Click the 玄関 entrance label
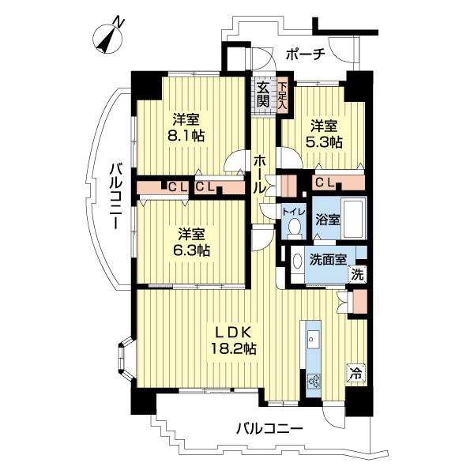pyautogui.click(x=262, y=92)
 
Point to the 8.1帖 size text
pyautogui.click(x=187, y=136)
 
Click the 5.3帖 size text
pyautogui.click(x=325, y=142)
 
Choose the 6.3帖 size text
pyautogui.click(x=192, y=250)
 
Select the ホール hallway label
pyautogui.click(x=259, y=174)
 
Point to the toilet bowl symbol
pyautogui.click(x=294, y=228)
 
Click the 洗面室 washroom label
pyautogui.click(x=325, y=258)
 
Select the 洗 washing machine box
pyautogui.click(x=358, y=276)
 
